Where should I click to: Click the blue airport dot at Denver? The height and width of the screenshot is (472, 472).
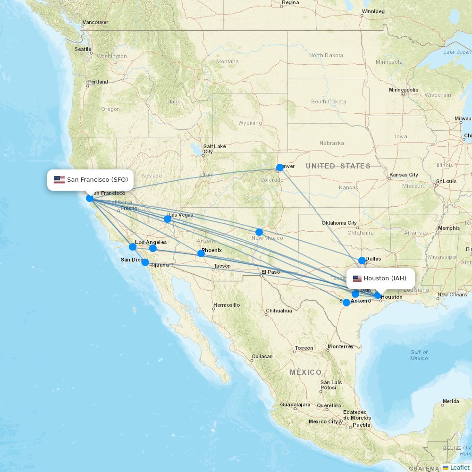[280, 168]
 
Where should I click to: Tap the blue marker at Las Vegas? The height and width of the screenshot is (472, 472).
[168, 219]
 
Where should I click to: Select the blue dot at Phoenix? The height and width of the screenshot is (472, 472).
[201, 253]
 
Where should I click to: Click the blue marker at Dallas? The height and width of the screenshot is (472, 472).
[362, 261]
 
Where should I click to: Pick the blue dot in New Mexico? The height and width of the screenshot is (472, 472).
[259, 232]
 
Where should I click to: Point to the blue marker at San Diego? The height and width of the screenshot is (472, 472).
[145, 262]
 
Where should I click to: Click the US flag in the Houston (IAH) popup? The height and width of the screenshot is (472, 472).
[357, 278]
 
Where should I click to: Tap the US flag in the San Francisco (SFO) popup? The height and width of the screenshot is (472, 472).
[59, 180]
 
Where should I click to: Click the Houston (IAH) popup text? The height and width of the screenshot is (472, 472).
[385, 278]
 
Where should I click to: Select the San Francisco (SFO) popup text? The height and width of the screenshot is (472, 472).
[97, 180]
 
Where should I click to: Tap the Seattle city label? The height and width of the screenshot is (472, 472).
[83, 49]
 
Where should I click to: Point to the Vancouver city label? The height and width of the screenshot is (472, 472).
[95, 22]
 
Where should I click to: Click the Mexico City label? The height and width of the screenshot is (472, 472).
[323, 421]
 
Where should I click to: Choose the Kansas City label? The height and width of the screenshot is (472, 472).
[404, 175]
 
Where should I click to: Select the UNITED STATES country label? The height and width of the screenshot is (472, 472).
[338, 166]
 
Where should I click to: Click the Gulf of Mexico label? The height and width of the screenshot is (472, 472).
[419, 355]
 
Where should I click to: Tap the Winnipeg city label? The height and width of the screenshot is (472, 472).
[373, 11]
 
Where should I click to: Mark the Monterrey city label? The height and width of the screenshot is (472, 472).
[341, 346]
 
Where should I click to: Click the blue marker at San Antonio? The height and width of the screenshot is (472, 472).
[346, 303]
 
